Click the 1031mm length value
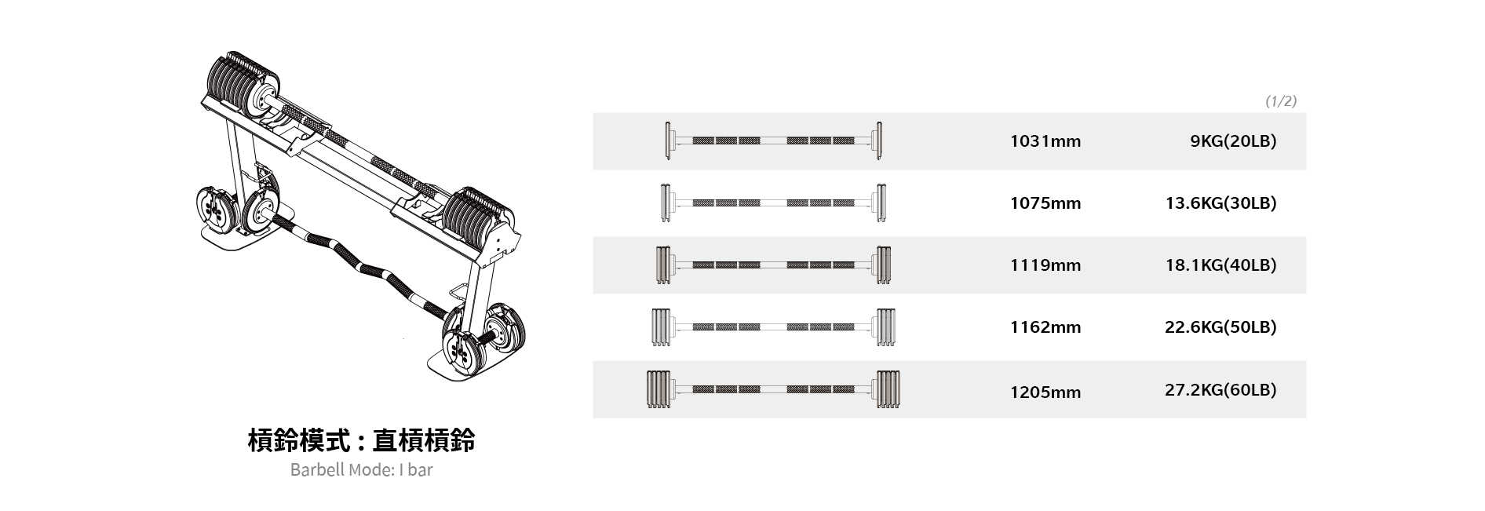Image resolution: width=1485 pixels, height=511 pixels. pos(1045,141)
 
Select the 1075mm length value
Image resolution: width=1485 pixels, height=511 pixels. pos(1045,203)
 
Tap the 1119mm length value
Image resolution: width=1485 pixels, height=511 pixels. pos(1045,265)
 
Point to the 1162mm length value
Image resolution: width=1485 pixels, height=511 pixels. pos(1045,327)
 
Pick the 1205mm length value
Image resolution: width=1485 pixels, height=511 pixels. pos(1045,392)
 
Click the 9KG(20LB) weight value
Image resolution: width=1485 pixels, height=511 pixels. pos(1233,141)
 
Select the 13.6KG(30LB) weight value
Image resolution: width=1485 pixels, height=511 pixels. pos(1220,203)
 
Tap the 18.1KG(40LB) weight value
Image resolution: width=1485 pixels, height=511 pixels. pos(1220,265)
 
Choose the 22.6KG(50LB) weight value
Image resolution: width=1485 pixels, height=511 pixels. pos(1220,327)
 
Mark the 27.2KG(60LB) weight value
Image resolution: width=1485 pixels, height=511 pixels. pos(1220,390)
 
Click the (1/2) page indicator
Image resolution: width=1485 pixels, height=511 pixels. pos(1281,101)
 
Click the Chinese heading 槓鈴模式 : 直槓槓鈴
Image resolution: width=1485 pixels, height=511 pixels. pos(361,441)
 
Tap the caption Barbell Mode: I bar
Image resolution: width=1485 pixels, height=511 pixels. pos(361,470)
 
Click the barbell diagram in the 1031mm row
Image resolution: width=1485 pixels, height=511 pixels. pos(773,141)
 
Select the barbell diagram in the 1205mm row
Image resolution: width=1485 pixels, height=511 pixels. pos(773,389)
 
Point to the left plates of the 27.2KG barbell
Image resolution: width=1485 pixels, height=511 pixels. pos(659,389)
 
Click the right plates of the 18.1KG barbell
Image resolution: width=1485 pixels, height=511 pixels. pos(884,265)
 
